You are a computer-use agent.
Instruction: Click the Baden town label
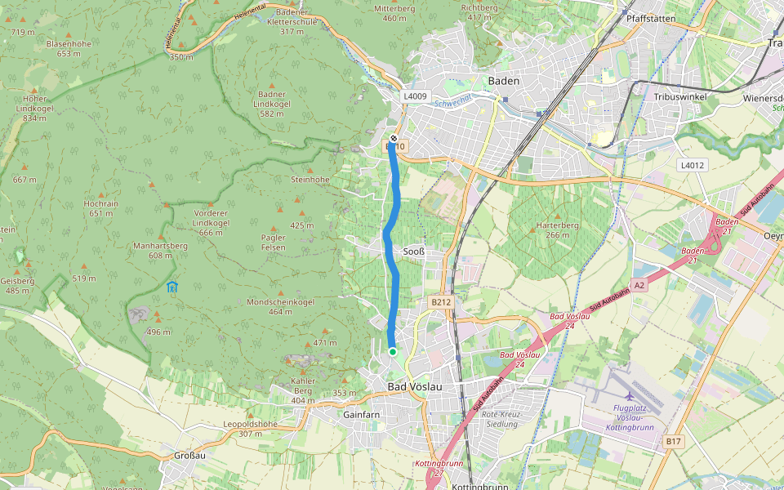coord(503,81)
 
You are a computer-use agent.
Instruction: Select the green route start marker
coord(393,352)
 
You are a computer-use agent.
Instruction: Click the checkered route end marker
coord(394,138)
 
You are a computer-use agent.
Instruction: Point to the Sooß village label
coord(414,252)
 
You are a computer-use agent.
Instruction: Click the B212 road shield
coord(441,302)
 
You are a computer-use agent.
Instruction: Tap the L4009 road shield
coord(415,96)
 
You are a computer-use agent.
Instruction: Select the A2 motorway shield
coord(639,285)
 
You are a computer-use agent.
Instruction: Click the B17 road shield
coord(673,441)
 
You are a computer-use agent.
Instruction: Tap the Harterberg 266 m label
coord(557,229)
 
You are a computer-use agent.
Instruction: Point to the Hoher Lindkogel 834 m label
coord(34,108)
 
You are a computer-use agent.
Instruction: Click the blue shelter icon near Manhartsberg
coord(171,287)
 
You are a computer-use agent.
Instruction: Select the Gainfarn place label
coord(362,414)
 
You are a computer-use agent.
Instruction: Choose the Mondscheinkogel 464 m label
coord(280,306)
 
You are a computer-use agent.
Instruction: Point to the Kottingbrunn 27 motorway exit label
coord(439,467)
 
